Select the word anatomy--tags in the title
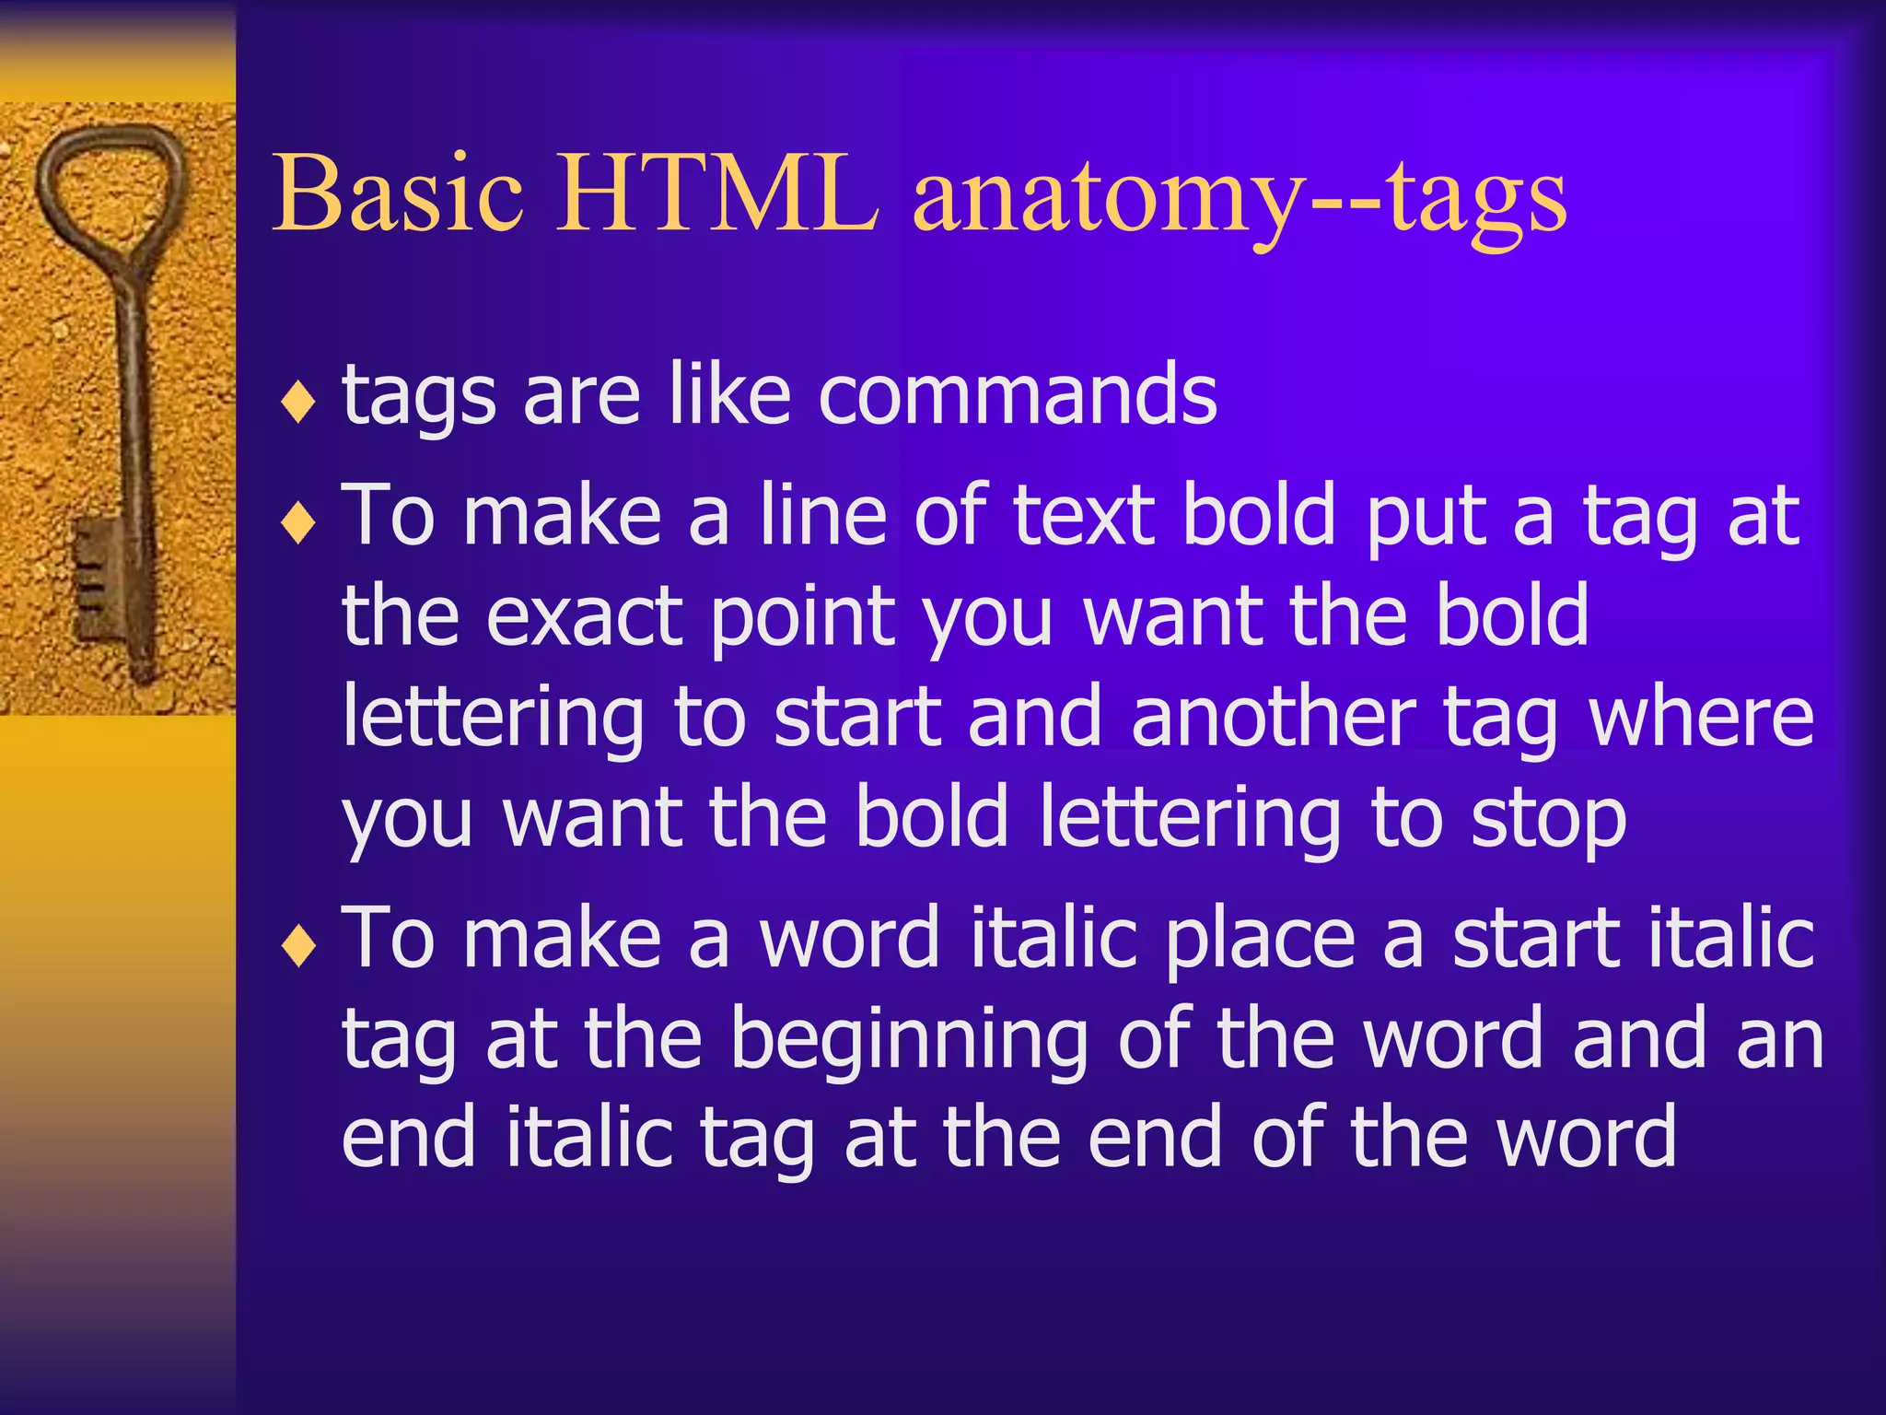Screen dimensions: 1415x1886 pyautogui.click(x=1239, y=198)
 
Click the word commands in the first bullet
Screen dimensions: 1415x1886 pyautogui.click(x=1017, y=394)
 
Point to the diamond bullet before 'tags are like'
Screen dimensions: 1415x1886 pyautogui.click(x=298, y=403)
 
